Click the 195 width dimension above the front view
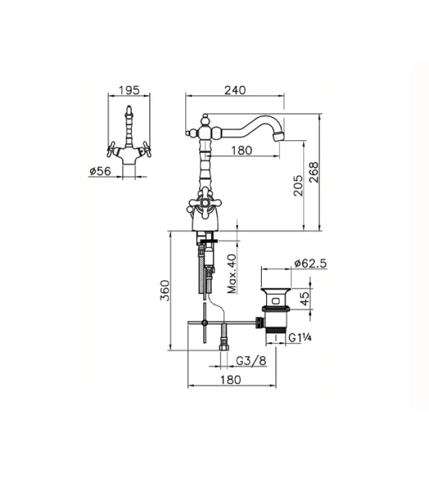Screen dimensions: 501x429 point(128,90)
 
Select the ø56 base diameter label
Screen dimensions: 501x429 point(100,170)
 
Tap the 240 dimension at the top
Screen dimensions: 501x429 point(234,90)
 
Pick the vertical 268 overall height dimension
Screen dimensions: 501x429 point(314,172)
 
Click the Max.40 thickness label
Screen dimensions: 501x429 point(231,274)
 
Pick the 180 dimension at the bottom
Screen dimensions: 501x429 point(231,380)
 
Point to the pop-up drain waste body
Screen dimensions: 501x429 point(274,311)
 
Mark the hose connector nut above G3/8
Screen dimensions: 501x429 point(222,345)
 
